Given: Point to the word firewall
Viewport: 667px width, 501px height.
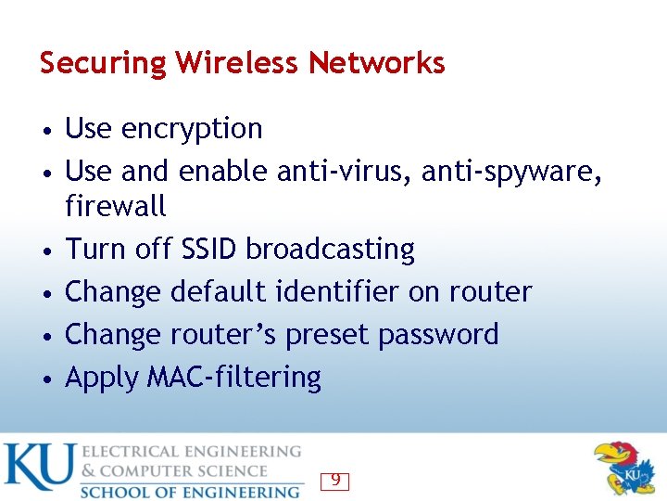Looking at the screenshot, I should tap(116, 205).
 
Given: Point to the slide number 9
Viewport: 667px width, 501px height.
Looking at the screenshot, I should tap(335, 481).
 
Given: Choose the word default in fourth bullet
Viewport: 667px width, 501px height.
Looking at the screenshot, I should tap(221, 291).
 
